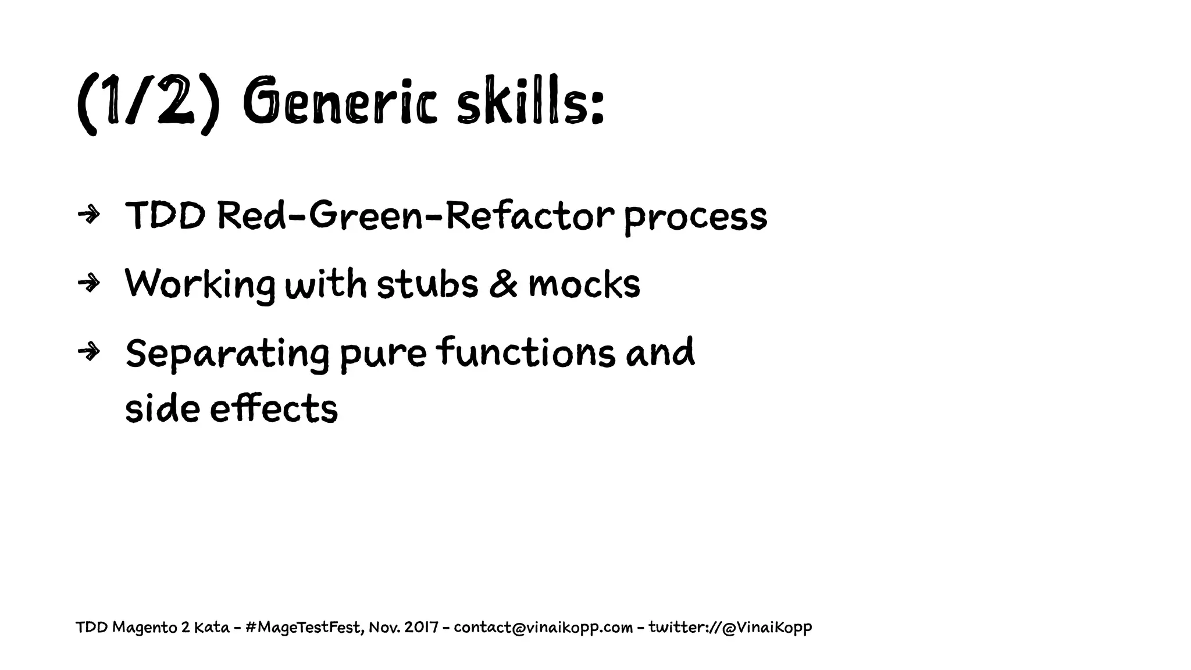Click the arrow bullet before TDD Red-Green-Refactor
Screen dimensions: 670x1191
pyautogui.click(x=88, y=215)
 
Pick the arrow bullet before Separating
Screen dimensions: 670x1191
pyautogui.click(x=88, y=352)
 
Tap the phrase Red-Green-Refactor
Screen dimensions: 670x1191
pyautogui.click(x=415, y=215)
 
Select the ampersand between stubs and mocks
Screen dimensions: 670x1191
pyautogui.click(x=503, y=284)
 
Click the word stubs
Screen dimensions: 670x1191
pyautogui.click(x=427, y=284)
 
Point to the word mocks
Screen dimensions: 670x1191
pyautogui.click(x=584, y=284)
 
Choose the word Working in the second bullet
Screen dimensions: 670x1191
pyautogui.click(x=199, y=286)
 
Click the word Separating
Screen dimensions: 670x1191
pyautogui.click(x=227, y=354)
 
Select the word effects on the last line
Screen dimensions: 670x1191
pyautogui.click(x=273, y=408)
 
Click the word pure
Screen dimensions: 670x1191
pyautogui.click(x=383, y=354)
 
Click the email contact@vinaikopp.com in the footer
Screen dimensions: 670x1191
pyautogui.click(x=543, y=628)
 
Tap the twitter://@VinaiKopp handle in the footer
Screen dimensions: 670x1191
pyautogui.click(x=730, y=628)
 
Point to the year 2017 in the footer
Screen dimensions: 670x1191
pyautogui.click(x=422, y=628)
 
